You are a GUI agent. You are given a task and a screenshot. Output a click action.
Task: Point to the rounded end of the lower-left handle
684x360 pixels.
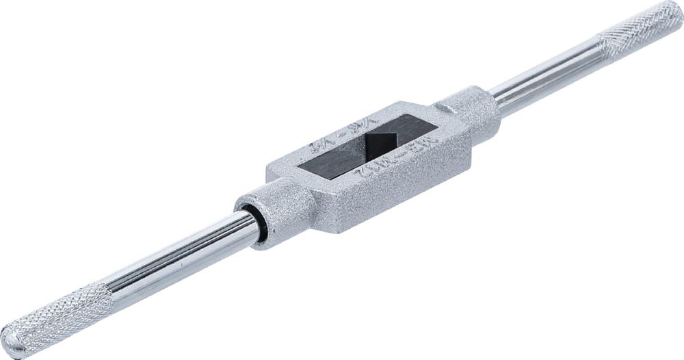[x=12, y=340]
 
